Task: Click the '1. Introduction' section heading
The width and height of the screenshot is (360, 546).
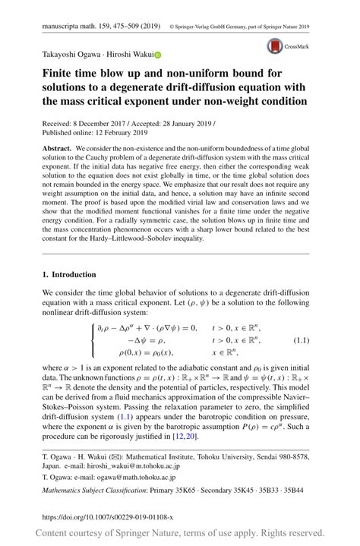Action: click(69, 274)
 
